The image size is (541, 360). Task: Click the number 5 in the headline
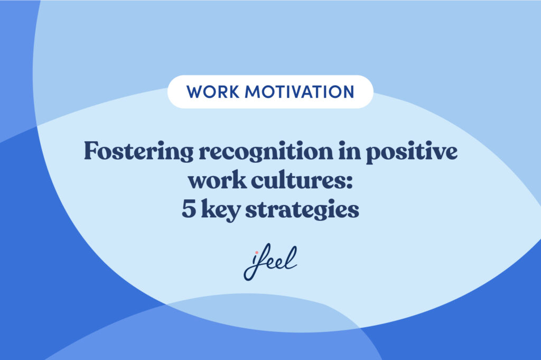pyautogui.click(x=188, y=210)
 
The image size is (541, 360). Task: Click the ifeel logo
pyautogui.click(x=270, y=263)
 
